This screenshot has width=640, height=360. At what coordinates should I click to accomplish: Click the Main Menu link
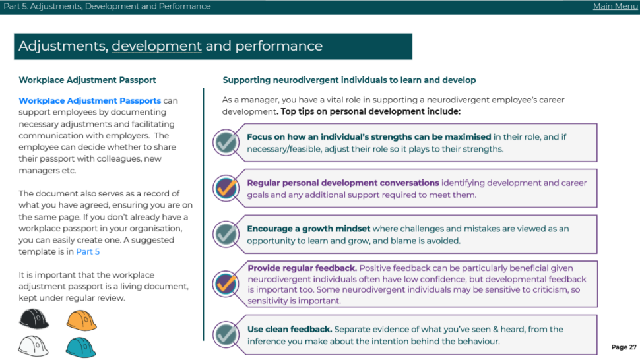coord(615,6)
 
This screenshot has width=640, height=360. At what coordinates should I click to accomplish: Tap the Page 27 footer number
coord(624,347)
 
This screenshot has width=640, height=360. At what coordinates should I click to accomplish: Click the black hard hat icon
coord(34,319)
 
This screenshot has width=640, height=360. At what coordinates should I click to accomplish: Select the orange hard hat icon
coord(82,320)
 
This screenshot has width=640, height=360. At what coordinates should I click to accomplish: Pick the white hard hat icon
coord(34,346)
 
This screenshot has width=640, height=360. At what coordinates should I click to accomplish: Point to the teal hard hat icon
coord(80,347)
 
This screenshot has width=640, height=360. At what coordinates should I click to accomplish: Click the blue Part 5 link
coord(88,252)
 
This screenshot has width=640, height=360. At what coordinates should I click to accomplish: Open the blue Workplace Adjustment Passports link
coord(90,101)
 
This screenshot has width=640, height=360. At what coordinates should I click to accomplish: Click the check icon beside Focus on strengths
coord(226,142)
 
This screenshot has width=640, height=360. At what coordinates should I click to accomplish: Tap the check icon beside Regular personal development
coord(226,189)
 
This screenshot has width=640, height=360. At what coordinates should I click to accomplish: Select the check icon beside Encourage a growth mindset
coord(226,235)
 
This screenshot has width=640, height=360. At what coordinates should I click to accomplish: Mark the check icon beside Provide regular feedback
coord(226,284)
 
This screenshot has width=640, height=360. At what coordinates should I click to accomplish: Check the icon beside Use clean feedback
coord(226,335)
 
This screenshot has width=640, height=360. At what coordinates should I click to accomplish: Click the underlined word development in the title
coord(157,46)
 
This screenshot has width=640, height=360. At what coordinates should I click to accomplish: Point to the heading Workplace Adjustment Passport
coord(87,80)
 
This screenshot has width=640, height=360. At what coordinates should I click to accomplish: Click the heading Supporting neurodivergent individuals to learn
coord(350,80)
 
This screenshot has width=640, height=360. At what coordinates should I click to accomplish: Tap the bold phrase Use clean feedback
coord(290,330)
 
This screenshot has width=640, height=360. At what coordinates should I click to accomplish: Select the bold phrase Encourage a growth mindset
coord(309,229)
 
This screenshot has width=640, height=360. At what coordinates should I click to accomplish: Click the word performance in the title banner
coord(279,46)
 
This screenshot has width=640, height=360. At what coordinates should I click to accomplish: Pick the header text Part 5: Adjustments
coord(42,7)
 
